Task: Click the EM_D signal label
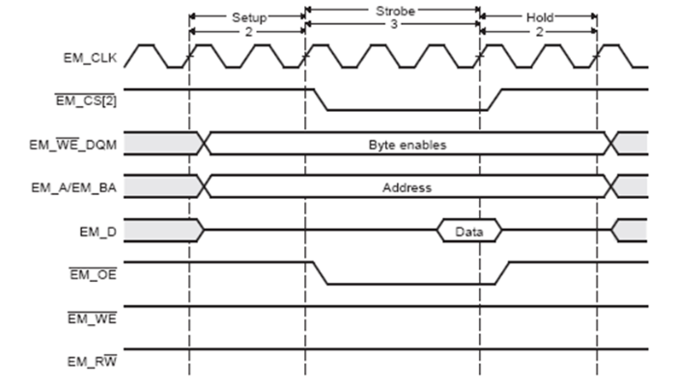click(100, 231)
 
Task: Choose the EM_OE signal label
click(94, 274)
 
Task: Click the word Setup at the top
click(248, 17)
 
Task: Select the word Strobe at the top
click(391, 10)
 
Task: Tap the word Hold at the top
click(539, 17)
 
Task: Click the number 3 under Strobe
click(392, 30)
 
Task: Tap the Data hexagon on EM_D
click(468, 232)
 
